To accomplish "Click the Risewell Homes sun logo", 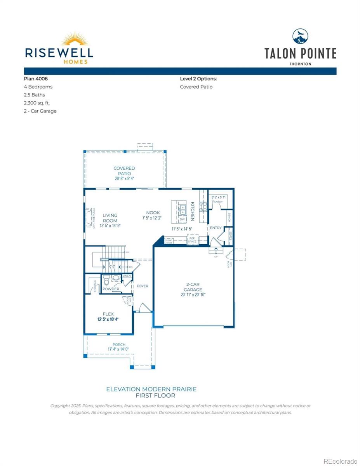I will coord(75,39).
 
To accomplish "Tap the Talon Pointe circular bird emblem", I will coord(300,37).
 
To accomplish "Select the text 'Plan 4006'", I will coord(36,78).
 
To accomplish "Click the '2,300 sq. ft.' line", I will coord(37,103).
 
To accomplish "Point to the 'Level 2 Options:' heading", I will coord(198,78).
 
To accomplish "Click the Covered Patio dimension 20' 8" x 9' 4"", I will coord(124,179).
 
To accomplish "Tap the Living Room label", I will coord(110,218).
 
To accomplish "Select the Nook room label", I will coord(153,212).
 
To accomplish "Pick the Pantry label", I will coord(217,202).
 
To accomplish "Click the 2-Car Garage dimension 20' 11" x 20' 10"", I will coord(193,295).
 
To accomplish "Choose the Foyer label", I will coord(143,286).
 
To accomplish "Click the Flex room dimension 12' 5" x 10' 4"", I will coord(108,319).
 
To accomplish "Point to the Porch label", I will coord(119,344).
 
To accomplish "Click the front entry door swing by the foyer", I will coord(143,307).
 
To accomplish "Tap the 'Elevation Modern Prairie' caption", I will coord(151,389).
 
